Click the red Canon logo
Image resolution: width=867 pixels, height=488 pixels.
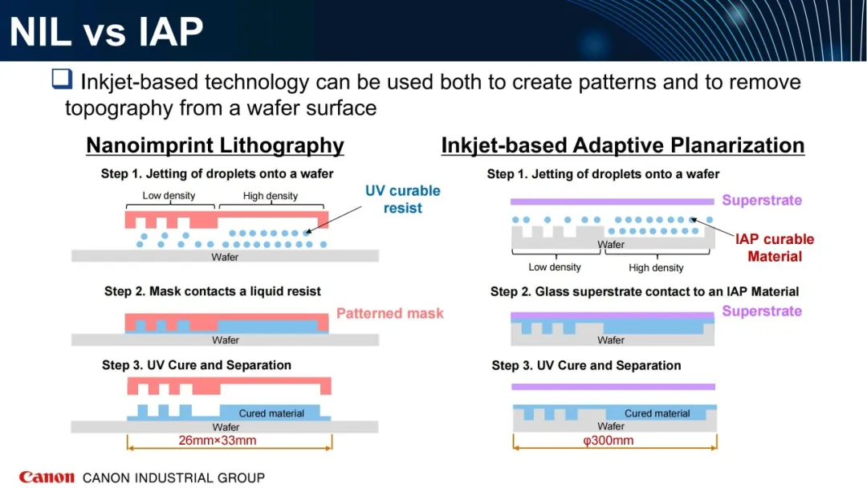47,477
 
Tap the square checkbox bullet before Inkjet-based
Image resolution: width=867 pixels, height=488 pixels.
62,79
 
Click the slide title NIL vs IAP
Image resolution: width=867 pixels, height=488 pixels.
106,31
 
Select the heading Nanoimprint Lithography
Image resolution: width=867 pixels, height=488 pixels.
215,145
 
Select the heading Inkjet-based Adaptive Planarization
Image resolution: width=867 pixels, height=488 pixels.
623,145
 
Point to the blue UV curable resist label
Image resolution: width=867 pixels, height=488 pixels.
402,199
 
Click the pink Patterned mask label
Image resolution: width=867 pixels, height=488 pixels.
390,313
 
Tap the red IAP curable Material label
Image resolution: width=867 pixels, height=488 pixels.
775,247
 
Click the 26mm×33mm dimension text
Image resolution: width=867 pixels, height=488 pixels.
218,441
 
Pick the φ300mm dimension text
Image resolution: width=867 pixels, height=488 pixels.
609,441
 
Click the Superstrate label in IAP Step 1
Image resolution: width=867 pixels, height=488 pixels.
762,200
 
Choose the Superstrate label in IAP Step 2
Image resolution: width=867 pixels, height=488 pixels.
762,311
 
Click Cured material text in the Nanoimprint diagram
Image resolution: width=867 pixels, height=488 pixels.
271,413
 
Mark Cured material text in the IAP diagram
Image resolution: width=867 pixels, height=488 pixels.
657,413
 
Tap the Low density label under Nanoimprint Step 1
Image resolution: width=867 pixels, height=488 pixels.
169,196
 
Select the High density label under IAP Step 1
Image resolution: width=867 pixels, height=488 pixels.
656,267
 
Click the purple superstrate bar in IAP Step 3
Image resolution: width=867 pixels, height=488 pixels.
613,387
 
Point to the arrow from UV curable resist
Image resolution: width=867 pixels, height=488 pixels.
333,220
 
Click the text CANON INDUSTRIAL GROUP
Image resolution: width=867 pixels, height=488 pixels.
173,478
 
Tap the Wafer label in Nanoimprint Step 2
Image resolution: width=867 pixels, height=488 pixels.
226,340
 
